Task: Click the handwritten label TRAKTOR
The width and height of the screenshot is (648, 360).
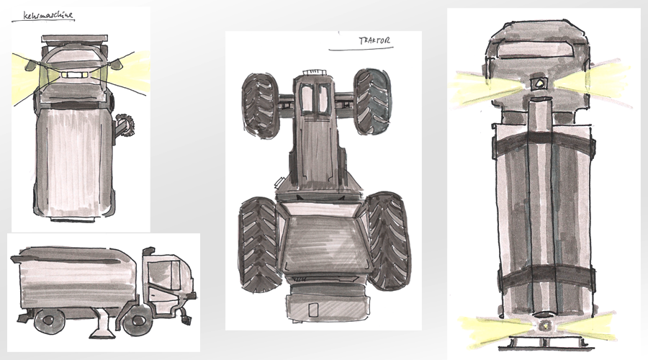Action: tap(374, 40)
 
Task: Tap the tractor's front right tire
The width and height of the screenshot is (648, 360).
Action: tap(373, 102)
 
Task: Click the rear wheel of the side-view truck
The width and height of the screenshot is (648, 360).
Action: tap(49, 320)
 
